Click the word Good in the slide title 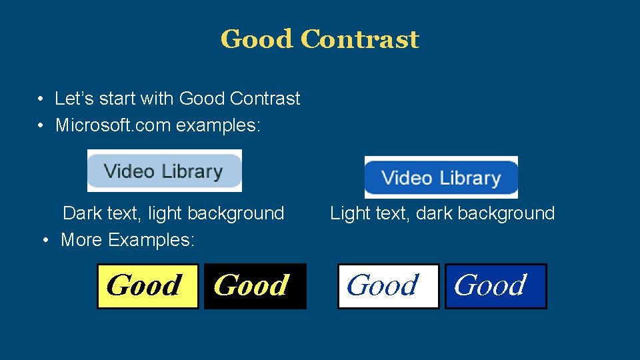[257, 39]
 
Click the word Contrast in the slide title [360, 39]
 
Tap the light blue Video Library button [164, 171]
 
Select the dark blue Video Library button [441, 177]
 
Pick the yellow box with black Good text [147, 286]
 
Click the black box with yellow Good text [255, 286]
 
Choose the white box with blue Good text [388, 286]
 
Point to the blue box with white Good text [495, 286]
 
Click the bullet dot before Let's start [41, 99]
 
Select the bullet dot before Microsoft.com [41, 125]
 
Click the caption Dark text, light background [173, 213]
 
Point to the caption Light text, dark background [442, 213]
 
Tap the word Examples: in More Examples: [151, 239]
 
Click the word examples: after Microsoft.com [218, 125]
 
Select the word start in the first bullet [118, 99]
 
